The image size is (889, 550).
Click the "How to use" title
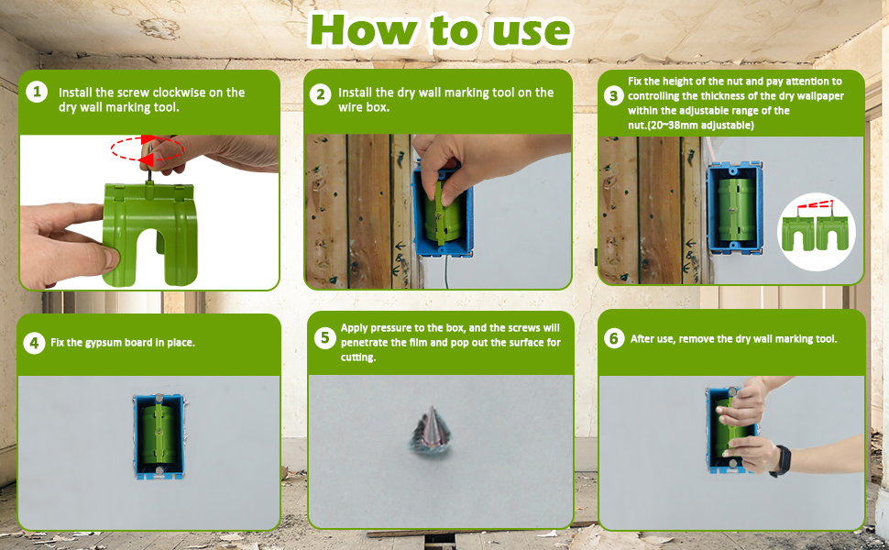pyautogui.click(x=440, y=30)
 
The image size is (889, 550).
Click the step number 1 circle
pyautogui.click(x=37, y=92)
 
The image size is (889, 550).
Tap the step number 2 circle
pyautogui.click(x=320, y=93)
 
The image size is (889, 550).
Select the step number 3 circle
pyautogui.click(x=614, y=96)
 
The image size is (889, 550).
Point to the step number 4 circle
pyautogui.click(x=34, y=343)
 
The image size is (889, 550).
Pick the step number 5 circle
pyautogui.click(x=324, y=337)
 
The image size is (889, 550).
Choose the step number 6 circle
pyautogui.click(x=614, y=338)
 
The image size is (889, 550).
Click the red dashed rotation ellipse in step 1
pyautogui.click(x=148, y=148)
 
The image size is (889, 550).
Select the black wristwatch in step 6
pyautogui.click(x=781, y=459)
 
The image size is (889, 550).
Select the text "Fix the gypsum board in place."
pyautogui.click(x=123, y=343)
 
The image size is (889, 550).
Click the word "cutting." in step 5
pyautogui.click(x=358, y=358)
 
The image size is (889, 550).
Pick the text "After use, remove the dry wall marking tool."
pyautogui.click(x=733, y=339)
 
